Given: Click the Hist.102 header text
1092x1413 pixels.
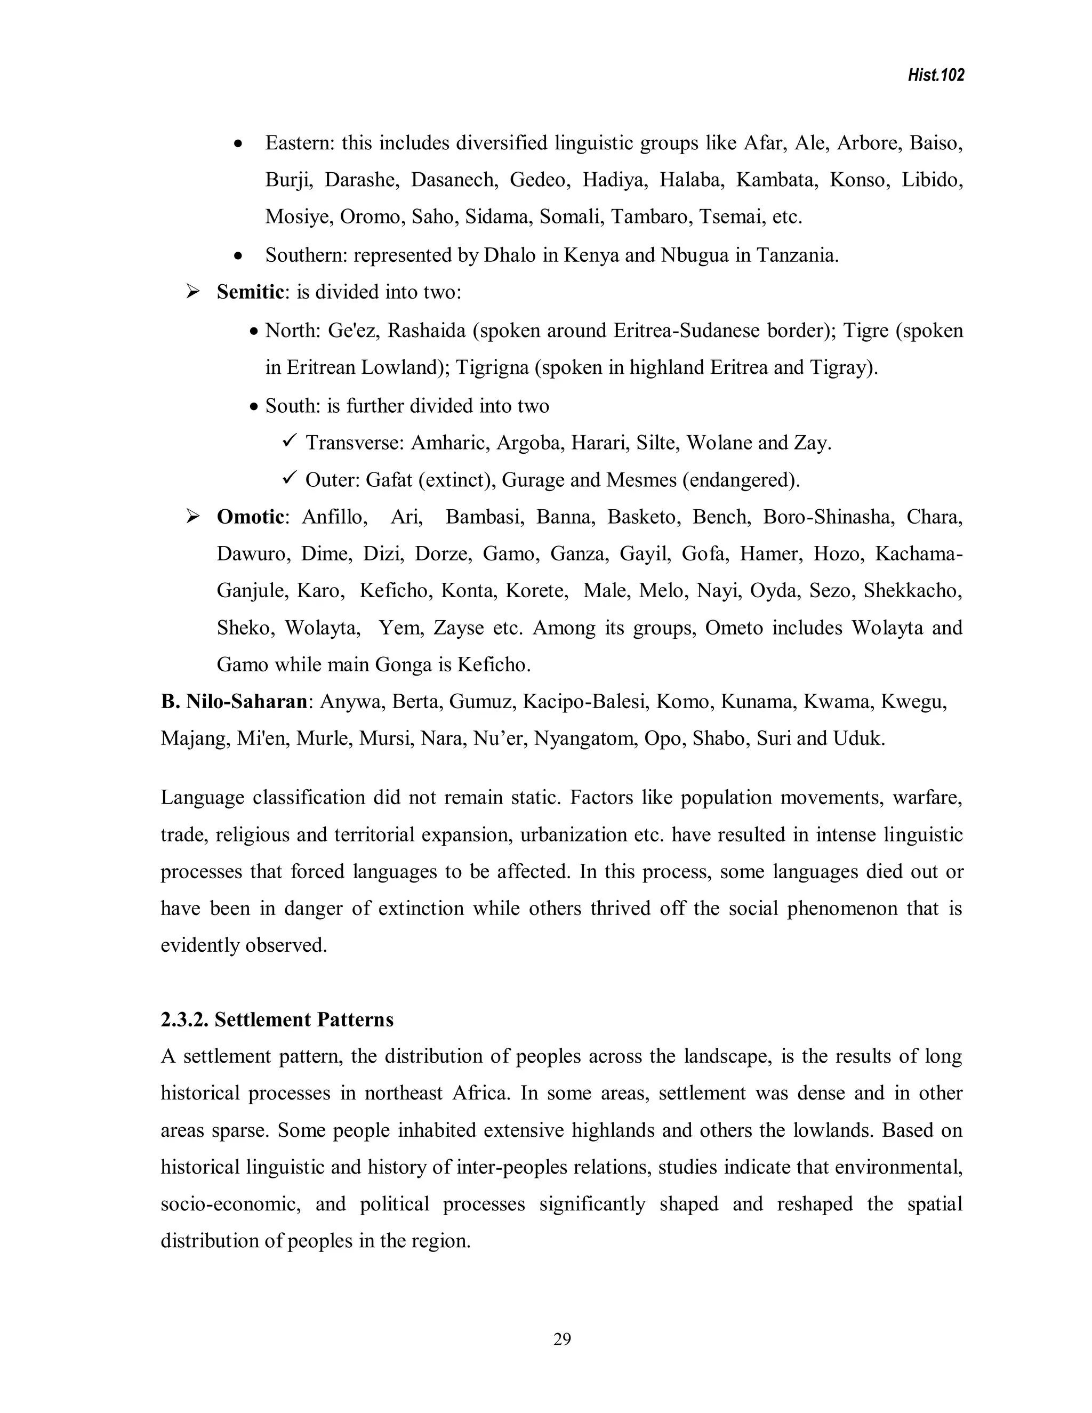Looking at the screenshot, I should pos(935,76).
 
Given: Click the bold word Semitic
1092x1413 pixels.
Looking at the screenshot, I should pos(250,292).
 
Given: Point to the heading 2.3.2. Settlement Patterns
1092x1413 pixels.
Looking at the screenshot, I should pos(277,1019).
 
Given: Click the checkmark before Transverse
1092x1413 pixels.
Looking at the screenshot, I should pos(289,442).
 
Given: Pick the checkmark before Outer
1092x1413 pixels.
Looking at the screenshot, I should pos(289,479).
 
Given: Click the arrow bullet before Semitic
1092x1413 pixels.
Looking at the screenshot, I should pos(193,292).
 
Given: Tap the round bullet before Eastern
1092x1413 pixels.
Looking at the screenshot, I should pos(239,143).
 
